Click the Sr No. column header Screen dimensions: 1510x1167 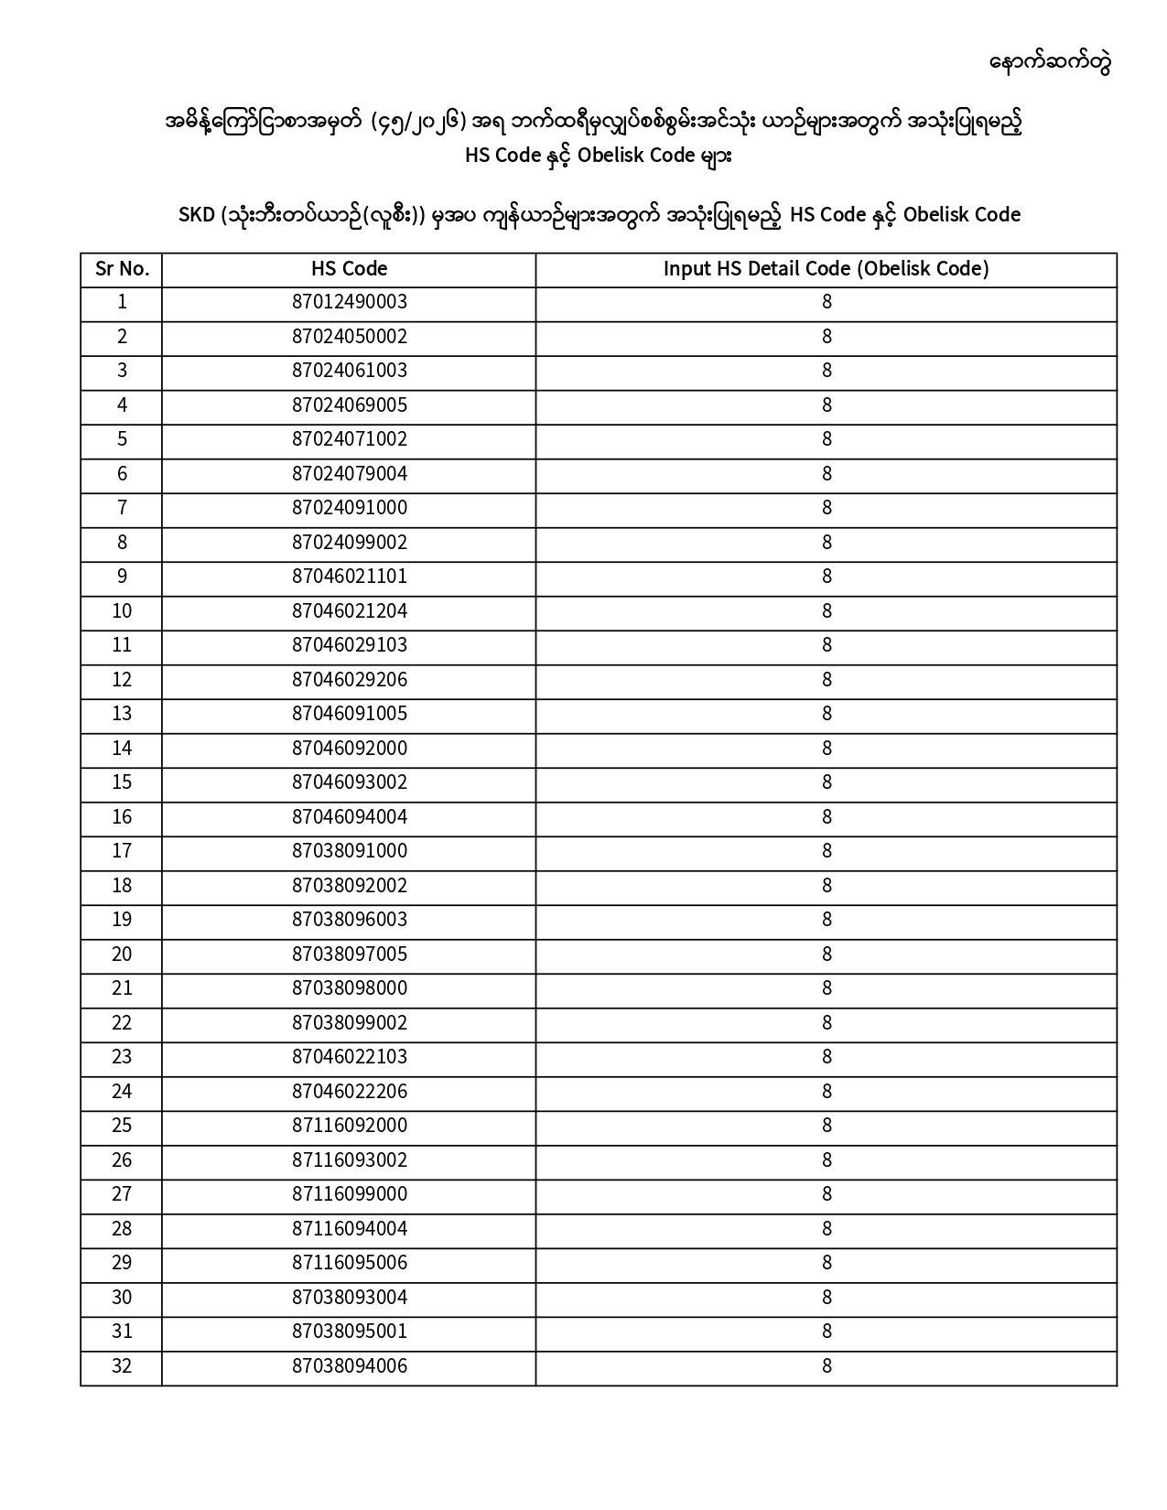(122, 269)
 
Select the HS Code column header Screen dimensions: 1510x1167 (349, 269)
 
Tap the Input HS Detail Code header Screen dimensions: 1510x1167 (826, 269)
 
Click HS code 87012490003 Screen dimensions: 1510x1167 (349, 302)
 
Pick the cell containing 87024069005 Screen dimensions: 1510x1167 (349, 405)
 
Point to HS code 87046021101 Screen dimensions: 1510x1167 (349, 577)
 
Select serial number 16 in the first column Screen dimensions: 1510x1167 (122, 817)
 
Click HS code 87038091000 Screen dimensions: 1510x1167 (349, 851)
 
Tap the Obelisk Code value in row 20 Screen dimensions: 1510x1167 (826, 955)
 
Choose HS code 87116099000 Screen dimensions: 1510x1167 (349, 1194)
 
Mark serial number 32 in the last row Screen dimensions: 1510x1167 (122, 1366)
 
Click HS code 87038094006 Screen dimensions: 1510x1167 (349, 1366)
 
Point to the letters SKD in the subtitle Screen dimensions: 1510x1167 (196, 215)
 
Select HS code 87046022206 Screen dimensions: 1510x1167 (349, 1092)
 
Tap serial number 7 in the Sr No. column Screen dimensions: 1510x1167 (122, 508)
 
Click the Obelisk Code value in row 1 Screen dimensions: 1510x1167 (826, 302)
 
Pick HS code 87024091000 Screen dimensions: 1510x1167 (349, 508)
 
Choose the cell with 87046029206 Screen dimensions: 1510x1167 (349, 680)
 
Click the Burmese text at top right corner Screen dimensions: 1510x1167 (1050, 63)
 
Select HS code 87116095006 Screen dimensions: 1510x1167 (349, 1263)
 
